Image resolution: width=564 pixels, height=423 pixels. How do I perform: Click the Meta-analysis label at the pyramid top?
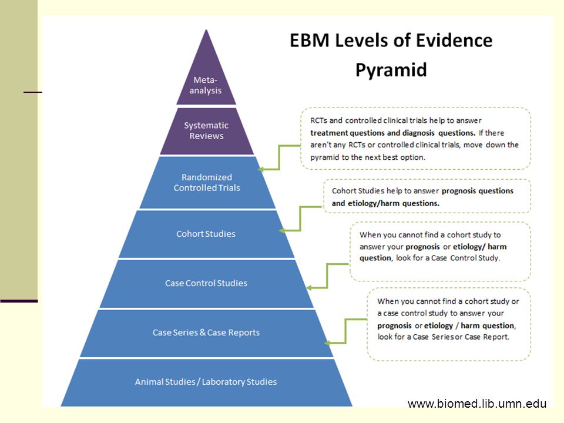[206, 85]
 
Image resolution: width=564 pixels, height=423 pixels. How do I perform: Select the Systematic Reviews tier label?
[206, 130]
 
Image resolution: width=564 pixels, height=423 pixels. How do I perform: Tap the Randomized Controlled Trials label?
[206, 182]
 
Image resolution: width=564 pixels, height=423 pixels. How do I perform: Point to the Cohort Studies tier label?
[206, 234]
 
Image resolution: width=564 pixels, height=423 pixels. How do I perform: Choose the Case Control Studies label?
[206, 283]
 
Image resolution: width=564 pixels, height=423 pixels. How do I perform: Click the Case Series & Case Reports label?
[206, 333]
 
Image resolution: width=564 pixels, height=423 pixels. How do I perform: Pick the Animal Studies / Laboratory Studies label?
[206, 382]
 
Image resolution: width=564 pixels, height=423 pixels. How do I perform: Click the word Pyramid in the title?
[391, 70]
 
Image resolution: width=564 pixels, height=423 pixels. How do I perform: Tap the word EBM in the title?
[310, 41]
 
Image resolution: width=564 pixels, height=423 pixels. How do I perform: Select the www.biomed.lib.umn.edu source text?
[477, 404]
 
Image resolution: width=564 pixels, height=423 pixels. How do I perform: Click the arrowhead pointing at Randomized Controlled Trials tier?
[261, 169]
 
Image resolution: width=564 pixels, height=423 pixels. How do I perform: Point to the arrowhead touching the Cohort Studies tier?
[283, 230]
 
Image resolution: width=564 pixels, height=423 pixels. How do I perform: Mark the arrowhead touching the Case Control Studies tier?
[310, 288]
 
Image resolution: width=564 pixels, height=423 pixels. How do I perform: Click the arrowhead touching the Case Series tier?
[327, 343]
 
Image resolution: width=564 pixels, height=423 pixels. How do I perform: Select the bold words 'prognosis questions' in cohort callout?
[477, 191]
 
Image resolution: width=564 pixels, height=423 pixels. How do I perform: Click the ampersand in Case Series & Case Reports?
[203, 333]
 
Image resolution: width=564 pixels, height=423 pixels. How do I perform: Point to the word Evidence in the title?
[454, 41]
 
